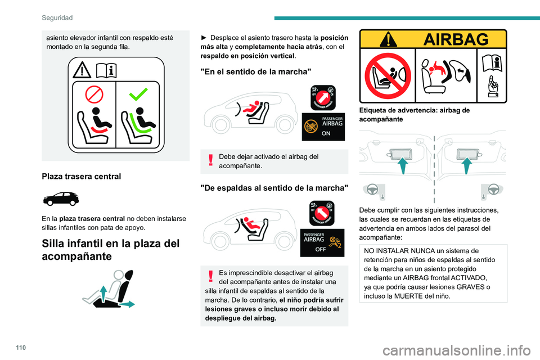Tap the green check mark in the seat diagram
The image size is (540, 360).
[139, 94]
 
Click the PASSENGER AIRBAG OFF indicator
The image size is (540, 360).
[323, 241]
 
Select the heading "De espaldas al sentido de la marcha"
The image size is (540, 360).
[274, 187]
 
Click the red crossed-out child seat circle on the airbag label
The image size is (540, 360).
[389, 76]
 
